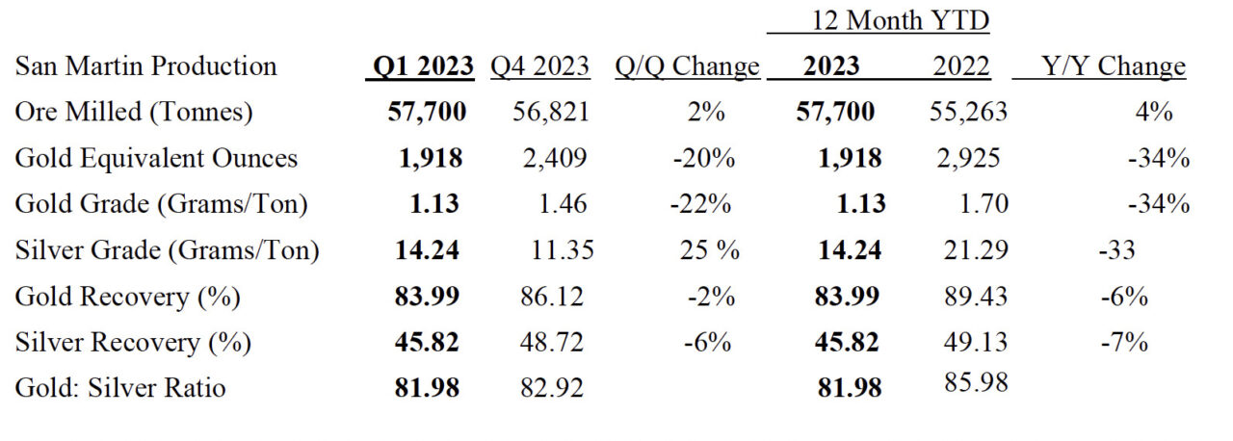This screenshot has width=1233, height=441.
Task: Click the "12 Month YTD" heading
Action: click(x=901, y=20)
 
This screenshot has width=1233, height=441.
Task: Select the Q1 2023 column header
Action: click(x=423, y=66)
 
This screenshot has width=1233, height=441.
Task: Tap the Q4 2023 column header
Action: click(x=540, y=66)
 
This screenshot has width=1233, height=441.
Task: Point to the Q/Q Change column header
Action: click(x=687, y=67)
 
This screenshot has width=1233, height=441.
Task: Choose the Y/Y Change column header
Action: click(x=1113, y=67)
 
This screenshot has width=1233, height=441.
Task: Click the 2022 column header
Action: click(x=961, y=66)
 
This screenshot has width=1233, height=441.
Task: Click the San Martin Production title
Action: click(x=145, y=66)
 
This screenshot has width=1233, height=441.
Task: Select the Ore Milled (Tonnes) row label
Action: click(x=134, y=112)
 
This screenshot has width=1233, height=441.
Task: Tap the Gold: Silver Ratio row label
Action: click(x=120, y=387)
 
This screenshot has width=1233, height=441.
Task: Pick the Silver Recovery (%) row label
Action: click(x=133, y=342)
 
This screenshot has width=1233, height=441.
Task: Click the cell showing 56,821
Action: click(x=551, y=112)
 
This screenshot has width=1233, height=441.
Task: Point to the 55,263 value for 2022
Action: click(x=968, y=112)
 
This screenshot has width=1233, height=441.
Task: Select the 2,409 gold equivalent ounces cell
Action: click(x=554, y=158)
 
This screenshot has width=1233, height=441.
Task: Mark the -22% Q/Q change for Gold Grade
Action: click(x=700, y=204)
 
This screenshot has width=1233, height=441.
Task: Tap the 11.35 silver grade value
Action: click(x=562, y=250)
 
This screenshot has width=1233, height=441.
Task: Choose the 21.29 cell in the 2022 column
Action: click(x=976, y=250)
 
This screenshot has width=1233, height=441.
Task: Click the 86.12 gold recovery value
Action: click(x=552, y=297)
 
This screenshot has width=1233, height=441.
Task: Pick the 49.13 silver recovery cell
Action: click(x=976, y=342)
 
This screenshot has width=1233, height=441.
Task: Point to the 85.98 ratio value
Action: click(x=976, y=382)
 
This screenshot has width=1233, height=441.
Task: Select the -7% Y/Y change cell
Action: click(x=1124, y=342)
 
